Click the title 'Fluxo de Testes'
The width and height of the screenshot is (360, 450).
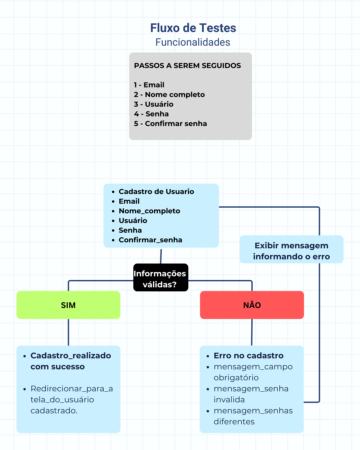tap(193, 28)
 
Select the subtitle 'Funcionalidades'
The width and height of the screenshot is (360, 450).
tap(193, 42)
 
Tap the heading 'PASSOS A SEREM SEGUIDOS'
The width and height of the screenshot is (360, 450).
tap(187, 66)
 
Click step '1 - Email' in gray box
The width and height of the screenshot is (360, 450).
tap(149, 85)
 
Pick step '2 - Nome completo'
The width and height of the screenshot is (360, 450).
tap(169, 95)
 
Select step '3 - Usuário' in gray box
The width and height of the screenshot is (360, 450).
tap(154, 104)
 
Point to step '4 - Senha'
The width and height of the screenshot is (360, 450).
tap(151, 114)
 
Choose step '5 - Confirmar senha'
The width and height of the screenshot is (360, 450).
tap(170, 124)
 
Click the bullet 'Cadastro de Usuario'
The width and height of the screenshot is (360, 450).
tap(156, 192)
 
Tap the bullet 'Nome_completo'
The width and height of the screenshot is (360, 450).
tap(149, 211)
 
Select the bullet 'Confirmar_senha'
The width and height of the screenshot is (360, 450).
tap(150, 240)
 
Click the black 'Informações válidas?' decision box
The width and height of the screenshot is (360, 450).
tap(161, 278)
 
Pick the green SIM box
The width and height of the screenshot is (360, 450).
tap(68, 305)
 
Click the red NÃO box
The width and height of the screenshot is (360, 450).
tap(252, 305)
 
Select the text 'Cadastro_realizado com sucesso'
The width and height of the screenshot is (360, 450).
tap(70, 361)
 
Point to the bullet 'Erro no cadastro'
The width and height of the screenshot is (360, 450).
tap(248, 356)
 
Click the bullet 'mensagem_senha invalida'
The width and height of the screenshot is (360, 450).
tap(251, 394)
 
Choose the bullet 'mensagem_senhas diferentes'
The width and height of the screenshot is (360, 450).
tap(253, 416)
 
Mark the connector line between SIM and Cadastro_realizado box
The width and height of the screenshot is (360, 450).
tap(68, 332)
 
